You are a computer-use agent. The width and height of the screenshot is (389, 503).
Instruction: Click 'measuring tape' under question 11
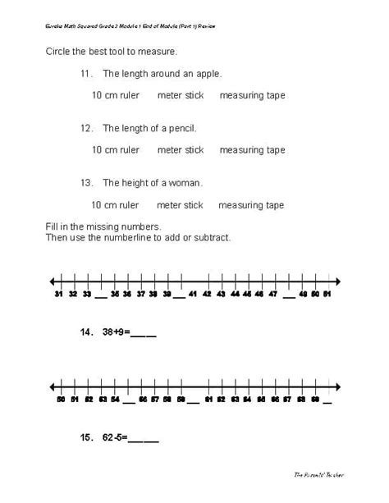point(252,95)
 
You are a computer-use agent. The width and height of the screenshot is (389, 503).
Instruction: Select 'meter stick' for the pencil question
point(180,150)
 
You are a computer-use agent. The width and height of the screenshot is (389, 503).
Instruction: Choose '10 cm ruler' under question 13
point(114,205)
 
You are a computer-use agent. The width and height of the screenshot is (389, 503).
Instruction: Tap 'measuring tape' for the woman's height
point(251,205)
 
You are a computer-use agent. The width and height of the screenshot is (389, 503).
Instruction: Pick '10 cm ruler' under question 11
point(115,95)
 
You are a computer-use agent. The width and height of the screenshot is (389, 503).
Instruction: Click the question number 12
point(86,129)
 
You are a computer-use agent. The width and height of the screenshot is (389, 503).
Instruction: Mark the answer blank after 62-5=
point(144,439)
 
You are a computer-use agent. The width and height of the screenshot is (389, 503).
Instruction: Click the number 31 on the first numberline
point(58,293)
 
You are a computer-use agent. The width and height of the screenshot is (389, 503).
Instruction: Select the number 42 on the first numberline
point(207,293)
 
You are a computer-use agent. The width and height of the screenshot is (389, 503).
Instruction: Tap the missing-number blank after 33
point(101,295)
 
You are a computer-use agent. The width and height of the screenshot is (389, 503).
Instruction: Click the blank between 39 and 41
point(180,295)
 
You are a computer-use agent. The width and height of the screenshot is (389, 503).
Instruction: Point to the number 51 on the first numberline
point(327,293)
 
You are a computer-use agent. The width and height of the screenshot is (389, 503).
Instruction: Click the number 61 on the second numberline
point(208,400)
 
